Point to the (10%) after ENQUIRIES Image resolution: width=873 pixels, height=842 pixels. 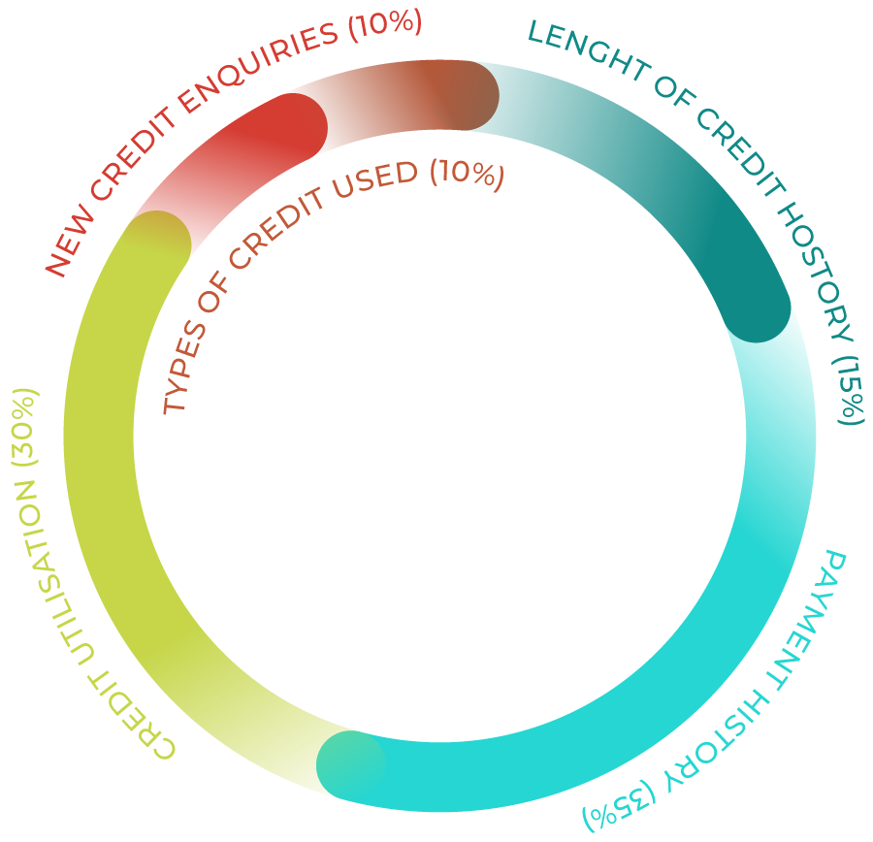(384, 27)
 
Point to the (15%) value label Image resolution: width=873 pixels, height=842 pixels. (849, 389)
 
